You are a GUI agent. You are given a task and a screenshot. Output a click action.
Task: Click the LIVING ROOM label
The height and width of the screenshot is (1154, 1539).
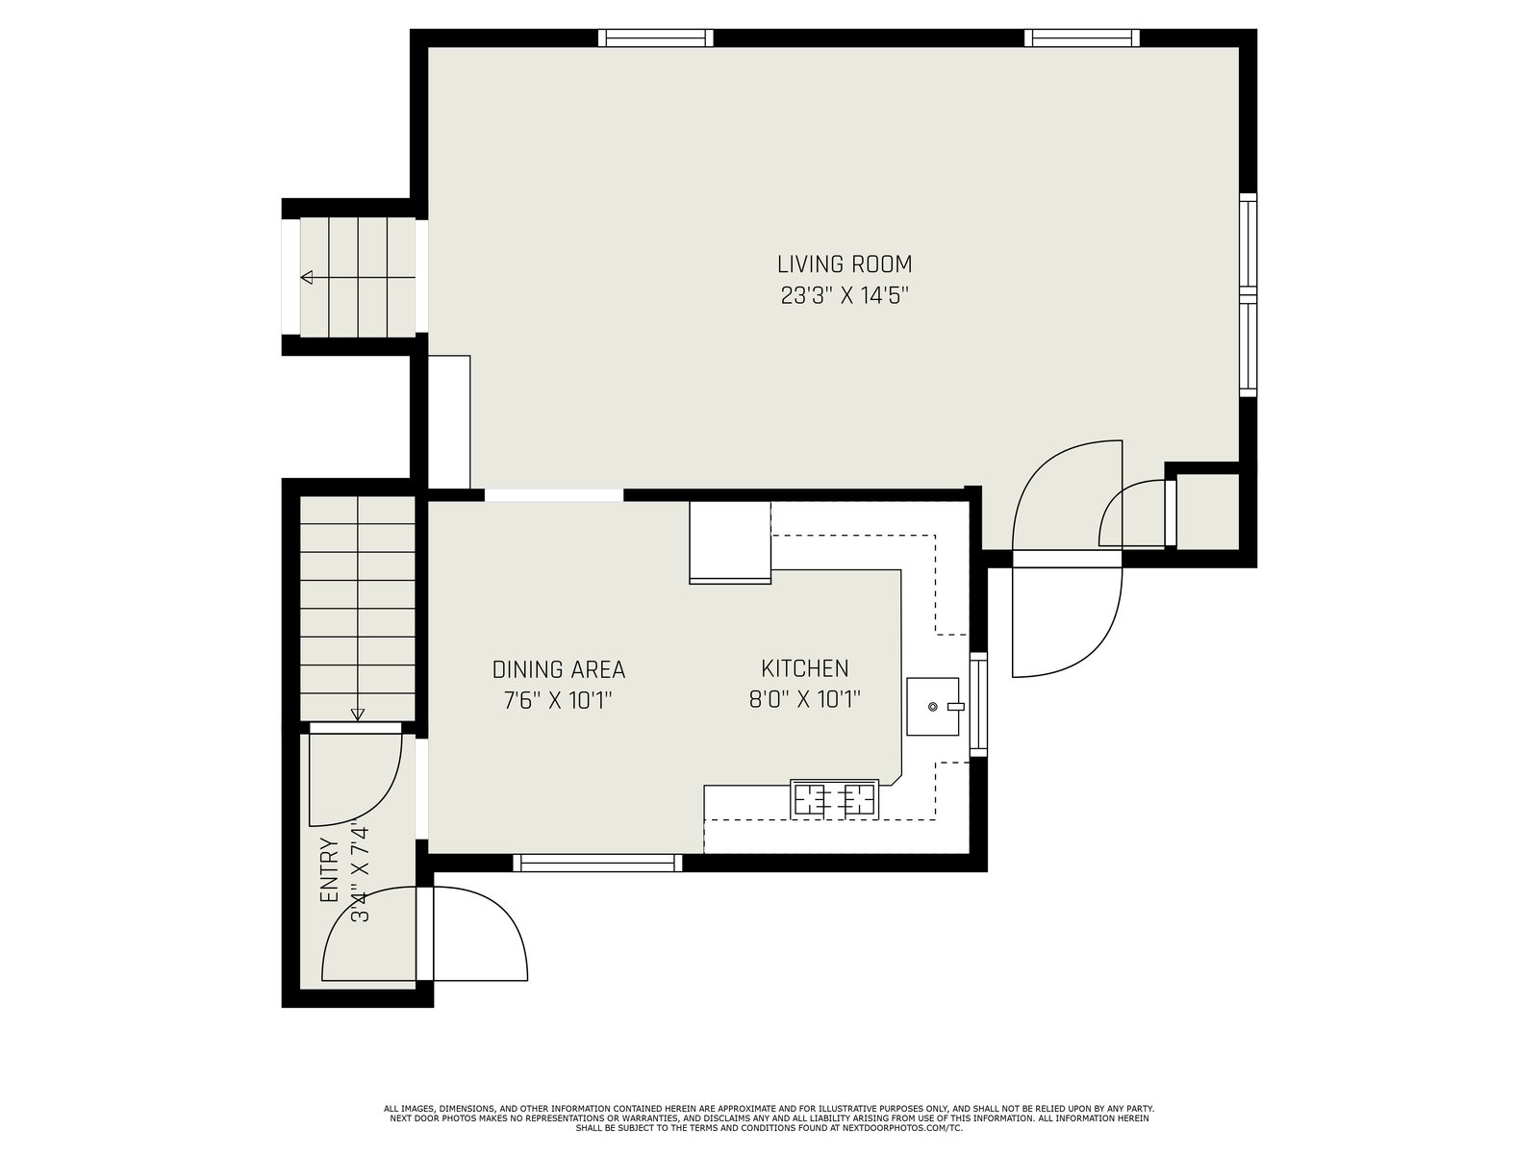click(x=845, y=264)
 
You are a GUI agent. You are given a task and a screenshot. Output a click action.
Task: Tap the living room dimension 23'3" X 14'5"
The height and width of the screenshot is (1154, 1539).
click(x=845, y=295)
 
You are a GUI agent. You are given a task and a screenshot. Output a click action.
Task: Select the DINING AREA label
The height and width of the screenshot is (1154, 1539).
click(x=558, y=670)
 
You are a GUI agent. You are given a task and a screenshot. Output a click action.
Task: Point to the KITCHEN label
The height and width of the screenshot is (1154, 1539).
click(x=804, y=668)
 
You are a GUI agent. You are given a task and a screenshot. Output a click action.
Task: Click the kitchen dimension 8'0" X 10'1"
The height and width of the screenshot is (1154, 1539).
click(x=804, y=699)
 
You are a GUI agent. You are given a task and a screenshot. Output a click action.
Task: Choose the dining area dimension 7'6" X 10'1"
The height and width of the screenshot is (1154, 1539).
click(x=558, y=700)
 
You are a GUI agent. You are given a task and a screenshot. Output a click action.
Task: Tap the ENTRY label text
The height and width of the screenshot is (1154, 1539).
click(x=329, y=871)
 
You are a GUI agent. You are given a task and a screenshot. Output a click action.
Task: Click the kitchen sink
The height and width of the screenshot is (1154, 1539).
click(x=932, y=706)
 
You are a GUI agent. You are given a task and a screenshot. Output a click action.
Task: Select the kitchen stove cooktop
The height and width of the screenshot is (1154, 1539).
click(x=834, y=798)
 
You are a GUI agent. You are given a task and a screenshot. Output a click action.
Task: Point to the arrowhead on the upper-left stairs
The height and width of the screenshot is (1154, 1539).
click(x=307, y=278)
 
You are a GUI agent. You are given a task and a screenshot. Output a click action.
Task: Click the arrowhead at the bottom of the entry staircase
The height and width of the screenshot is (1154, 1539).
click(x=358, y=715)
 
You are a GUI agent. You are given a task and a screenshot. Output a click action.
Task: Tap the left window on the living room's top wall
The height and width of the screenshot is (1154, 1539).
click(x=656, y=38)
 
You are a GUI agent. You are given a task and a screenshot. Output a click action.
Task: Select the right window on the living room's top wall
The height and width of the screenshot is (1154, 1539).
click(x=1082, y=38)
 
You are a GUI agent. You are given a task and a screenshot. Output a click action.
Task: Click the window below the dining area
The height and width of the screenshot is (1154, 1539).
click(x=598, y=863)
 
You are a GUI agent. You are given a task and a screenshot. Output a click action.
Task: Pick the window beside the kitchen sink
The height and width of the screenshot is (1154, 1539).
click(x=978, y=704)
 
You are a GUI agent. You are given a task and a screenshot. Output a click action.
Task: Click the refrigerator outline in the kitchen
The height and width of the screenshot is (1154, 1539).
click(x=730, y=542)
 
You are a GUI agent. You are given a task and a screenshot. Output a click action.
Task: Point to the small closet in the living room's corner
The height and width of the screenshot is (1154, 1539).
click(x=1207, y=512)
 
